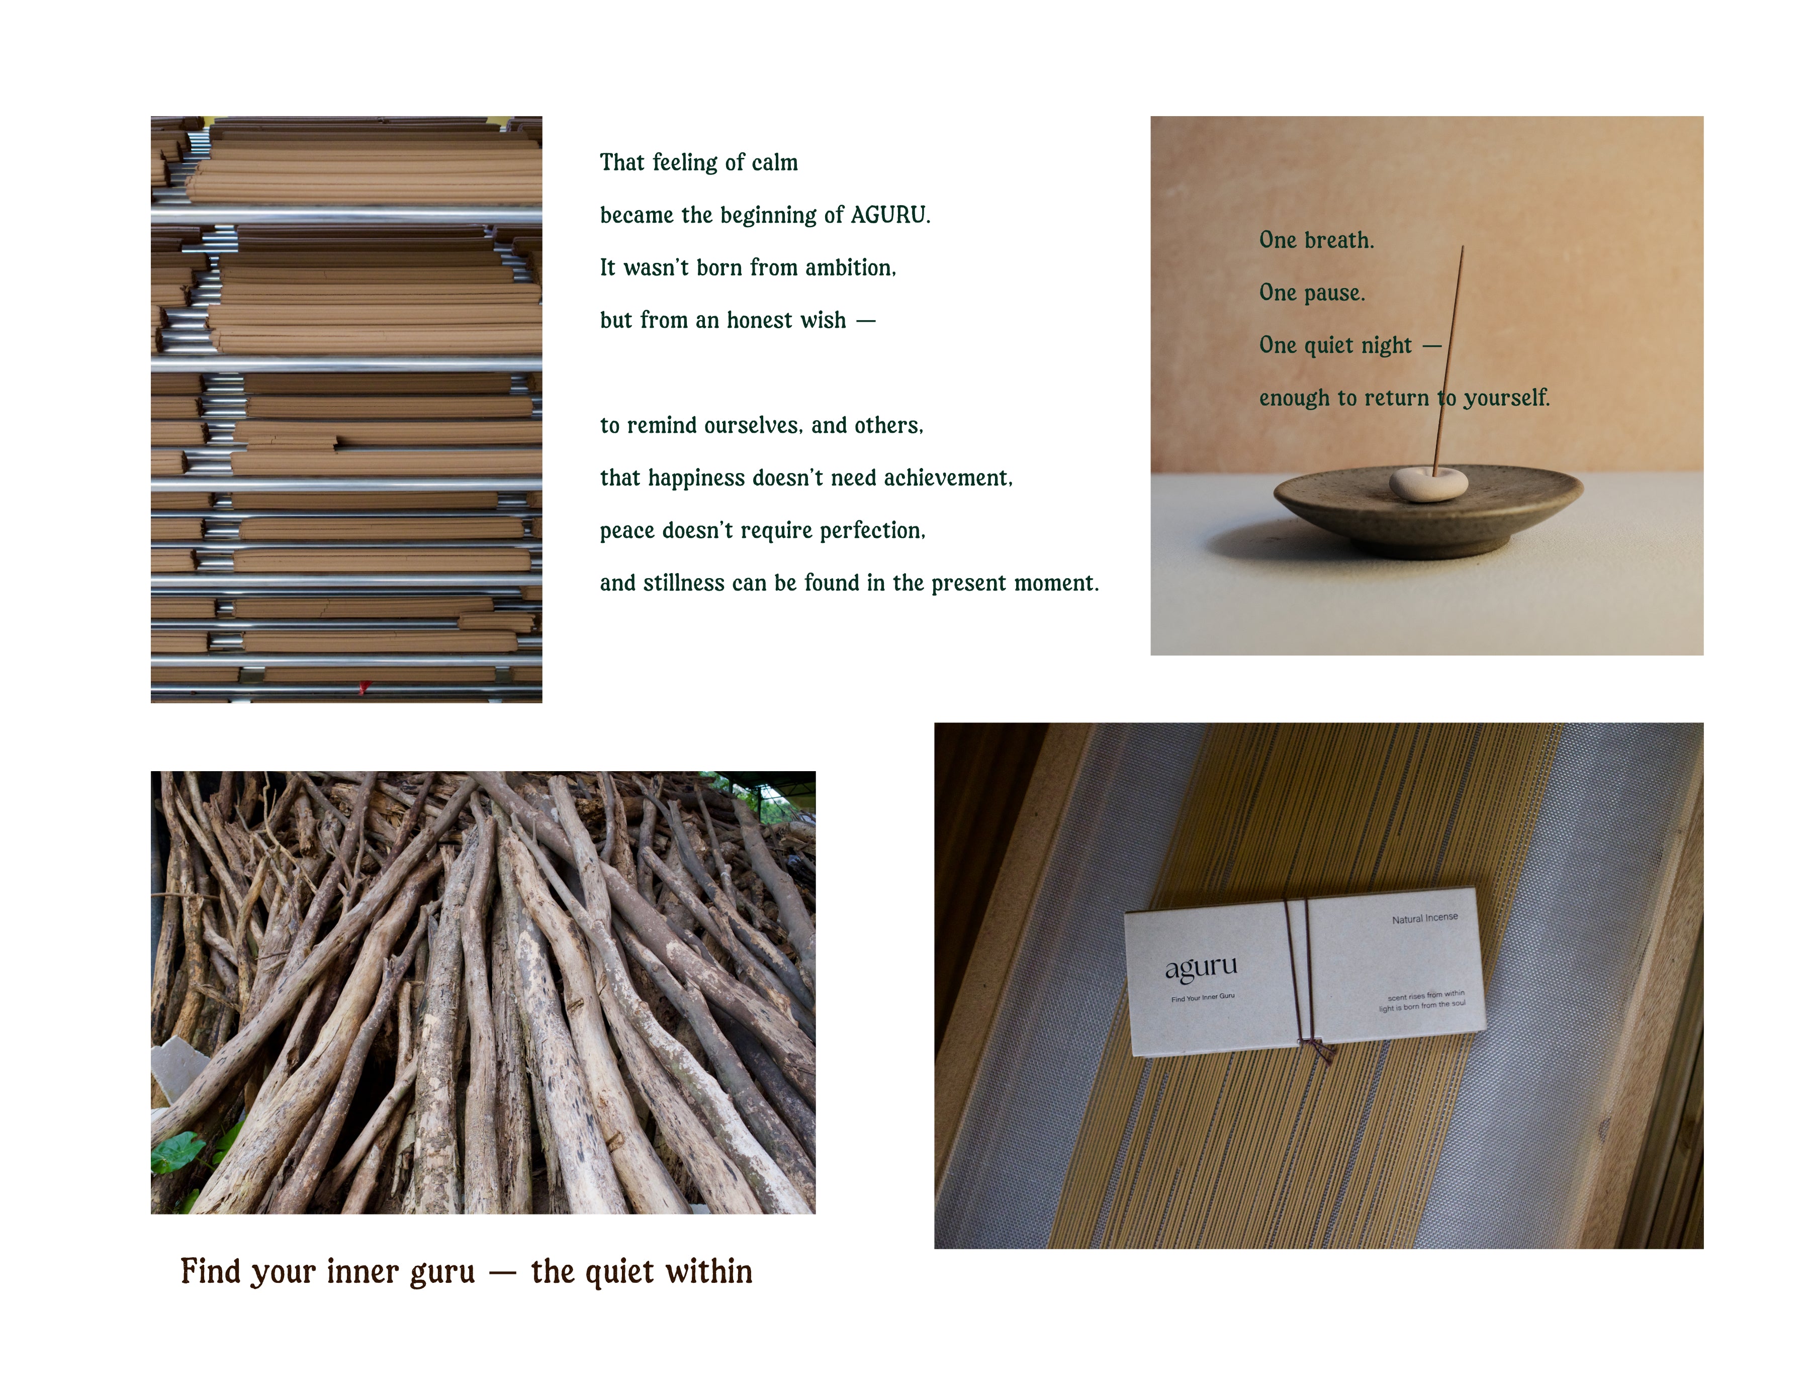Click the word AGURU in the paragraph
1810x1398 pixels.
[x=890, y=216]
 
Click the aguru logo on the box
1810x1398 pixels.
[x=1201, y=967]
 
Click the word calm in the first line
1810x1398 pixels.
[x=775, y=162]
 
